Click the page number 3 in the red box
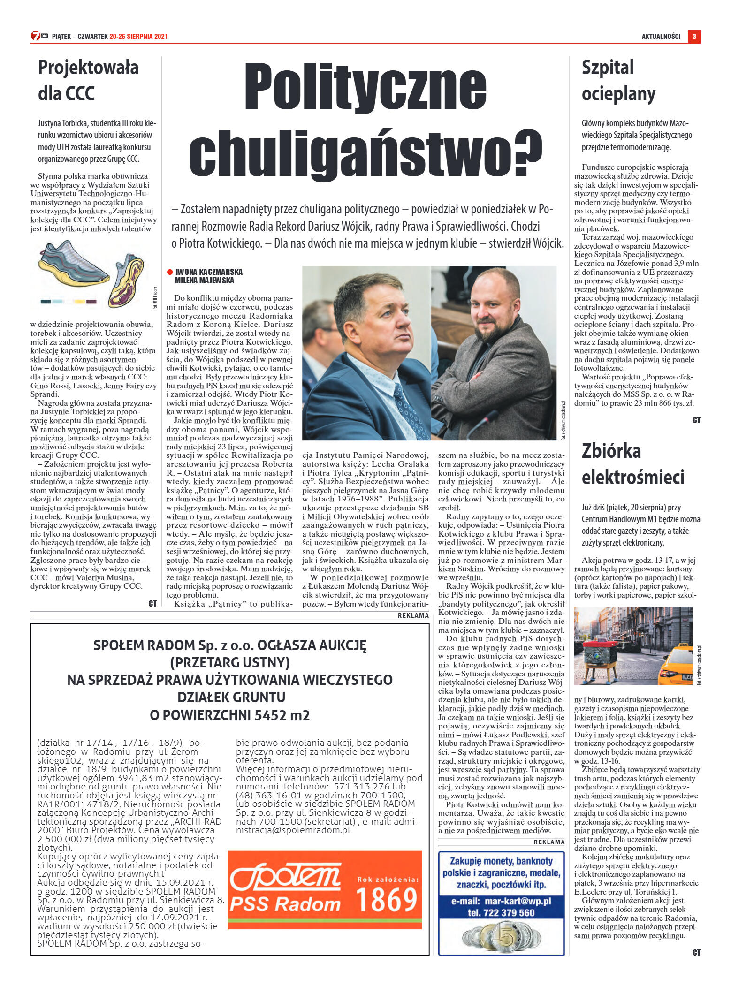[694, 36]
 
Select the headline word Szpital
[607, 68]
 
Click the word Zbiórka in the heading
[611, 451]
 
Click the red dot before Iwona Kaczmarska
[169, 272]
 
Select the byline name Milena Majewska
[204, 281]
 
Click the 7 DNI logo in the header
[39, 36]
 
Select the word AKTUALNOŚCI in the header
[661, 37]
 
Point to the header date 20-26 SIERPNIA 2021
[138, 37]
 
